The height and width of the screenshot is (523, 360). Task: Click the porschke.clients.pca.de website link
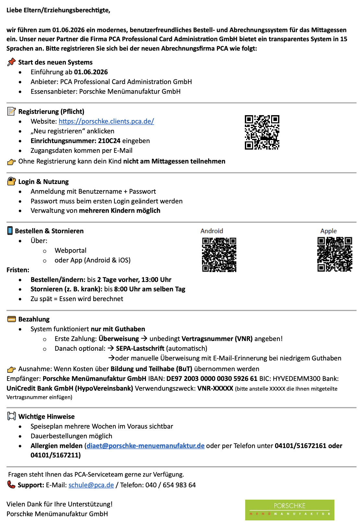click(106, 121)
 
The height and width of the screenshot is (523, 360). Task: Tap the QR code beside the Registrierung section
click(262, 132)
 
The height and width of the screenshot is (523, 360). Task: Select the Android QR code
click(219, 255)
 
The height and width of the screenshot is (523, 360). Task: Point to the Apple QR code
click(335, 254)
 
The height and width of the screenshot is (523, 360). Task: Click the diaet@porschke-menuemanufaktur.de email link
click(146, 446)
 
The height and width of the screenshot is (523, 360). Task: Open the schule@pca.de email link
click(91, 485)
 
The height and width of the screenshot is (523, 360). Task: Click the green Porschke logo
click(289, 510)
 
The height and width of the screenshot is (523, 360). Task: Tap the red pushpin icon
click(11, 62)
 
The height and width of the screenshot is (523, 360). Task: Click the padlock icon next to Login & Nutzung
click(11, 181)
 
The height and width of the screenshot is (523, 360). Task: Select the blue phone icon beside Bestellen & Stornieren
click(10, 231)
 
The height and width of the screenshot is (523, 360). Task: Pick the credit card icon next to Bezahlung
click(11, 319)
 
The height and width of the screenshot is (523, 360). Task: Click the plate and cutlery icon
click(11, 416)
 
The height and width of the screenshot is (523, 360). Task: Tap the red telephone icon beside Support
click(11, 485)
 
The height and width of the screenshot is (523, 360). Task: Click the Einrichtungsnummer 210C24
click(109, 141)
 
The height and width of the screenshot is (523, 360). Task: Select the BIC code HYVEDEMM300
click(295, 379)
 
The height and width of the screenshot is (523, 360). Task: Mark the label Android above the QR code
click(212, 231)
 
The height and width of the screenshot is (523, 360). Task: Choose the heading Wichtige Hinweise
click(46, 417)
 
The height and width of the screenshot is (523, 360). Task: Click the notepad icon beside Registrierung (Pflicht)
click(11, 111)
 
